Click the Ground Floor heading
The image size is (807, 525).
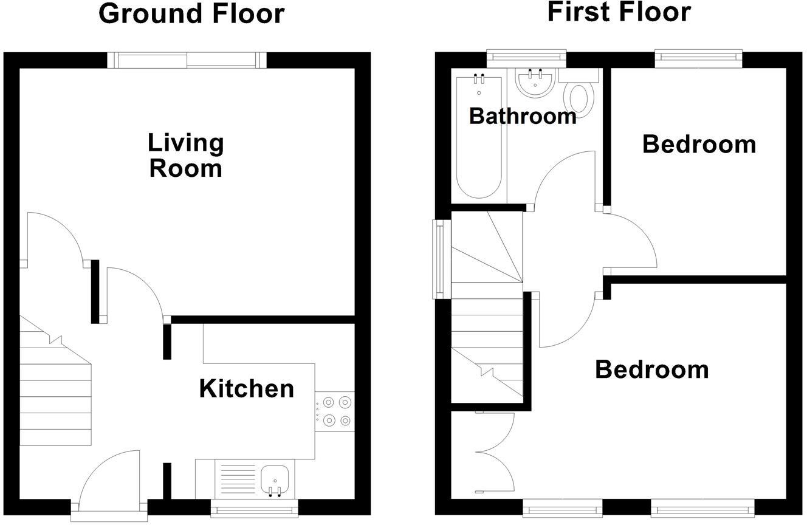191,13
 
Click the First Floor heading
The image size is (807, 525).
619,12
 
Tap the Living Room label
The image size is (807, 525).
186,156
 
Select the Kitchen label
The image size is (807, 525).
247,389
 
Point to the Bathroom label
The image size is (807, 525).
523,115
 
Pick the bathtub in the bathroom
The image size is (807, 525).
479,137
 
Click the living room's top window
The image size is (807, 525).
187,60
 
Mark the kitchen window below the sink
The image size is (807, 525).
255,509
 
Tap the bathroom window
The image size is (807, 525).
527,58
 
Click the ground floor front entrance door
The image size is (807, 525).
109,480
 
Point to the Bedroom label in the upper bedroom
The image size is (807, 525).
699,145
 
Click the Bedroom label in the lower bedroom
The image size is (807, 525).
651,369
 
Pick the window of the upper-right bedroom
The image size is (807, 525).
699,58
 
